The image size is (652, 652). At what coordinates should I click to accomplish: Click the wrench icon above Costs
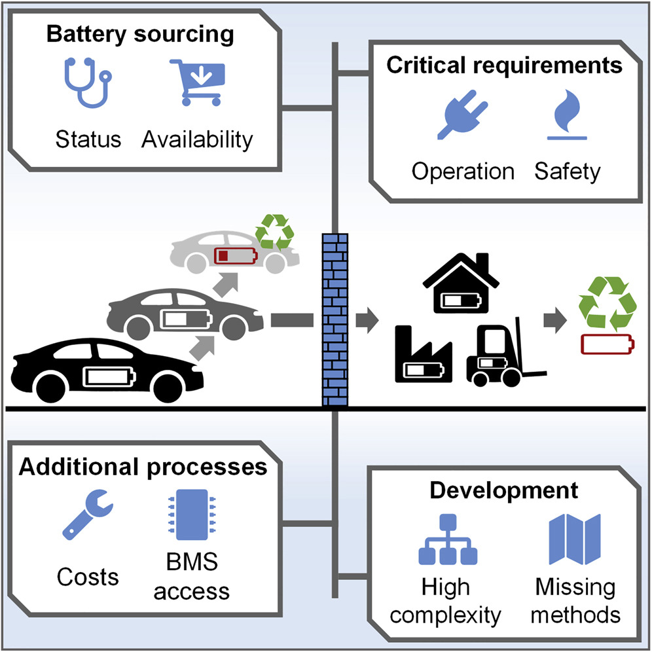coord(88,521)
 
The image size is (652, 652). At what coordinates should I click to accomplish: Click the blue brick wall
coord(336,320)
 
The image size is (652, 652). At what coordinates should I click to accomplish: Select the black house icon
coord(462,282)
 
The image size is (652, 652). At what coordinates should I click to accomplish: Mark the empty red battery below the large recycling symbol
coord(608,344)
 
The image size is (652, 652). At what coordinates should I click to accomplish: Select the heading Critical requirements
coord(503,66)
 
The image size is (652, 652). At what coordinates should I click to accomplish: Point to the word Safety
coord(567,172)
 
